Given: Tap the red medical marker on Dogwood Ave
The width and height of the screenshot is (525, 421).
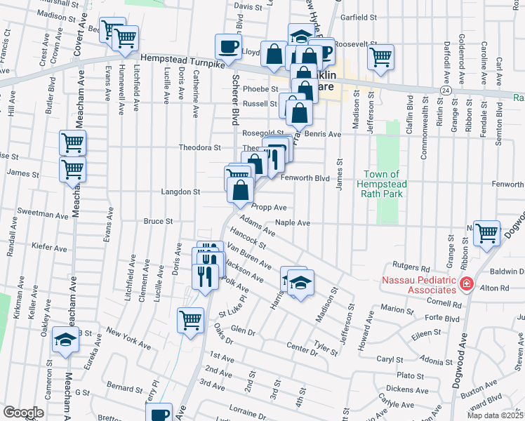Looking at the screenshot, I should coord(467,285).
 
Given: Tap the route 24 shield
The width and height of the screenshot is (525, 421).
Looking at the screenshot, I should coord(446,91).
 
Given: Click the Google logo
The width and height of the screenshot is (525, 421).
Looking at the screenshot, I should coord(23,413).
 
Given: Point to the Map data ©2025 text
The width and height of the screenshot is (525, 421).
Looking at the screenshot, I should coord(495,415).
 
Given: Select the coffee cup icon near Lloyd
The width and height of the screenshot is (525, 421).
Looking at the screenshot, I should coord(227,46).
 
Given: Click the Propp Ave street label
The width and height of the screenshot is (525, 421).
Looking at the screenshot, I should coord(270,208).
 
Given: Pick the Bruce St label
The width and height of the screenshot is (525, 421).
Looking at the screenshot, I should coord(158,221).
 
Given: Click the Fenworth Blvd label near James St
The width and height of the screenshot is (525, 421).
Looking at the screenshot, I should coord(305,178).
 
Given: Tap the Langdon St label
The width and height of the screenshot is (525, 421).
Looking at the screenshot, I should coord(182,191).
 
